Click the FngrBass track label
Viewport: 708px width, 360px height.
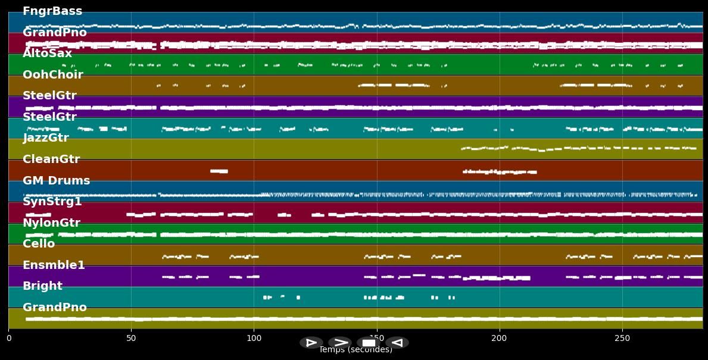point(52,11)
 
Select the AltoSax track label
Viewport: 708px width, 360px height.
point(47,54)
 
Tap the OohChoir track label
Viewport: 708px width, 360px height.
point(52,75)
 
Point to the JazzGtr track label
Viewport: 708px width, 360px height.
point(46,138)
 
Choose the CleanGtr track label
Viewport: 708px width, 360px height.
point(51,159)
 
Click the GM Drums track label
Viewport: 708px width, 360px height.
point(56,181)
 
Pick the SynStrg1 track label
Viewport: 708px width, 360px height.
point(52,202)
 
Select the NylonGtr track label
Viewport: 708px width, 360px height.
point(51,223)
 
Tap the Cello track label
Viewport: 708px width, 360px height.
point(39,244)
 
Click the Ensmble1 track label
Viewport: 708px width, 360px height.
point(54,265)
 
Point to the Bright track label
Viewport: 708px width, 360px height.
point(42,286)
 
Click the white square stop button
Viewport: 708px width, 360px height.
point(369,343)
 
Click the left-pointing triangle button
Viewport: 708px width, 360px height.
point(397,343)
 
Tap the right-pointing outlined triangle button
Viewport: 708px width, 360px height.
point(311,343)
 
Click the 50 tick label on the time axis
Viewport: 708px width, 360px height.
point(131,339)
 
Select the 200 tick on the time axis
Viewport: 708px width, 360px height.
point(499,339)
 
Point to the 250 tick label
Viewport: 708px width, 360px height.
point(622,339)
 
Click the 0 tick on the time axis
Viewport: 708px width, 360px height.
point(8,339)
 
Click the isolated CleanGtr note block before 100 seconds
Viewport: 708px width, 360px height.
point(219,171)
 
